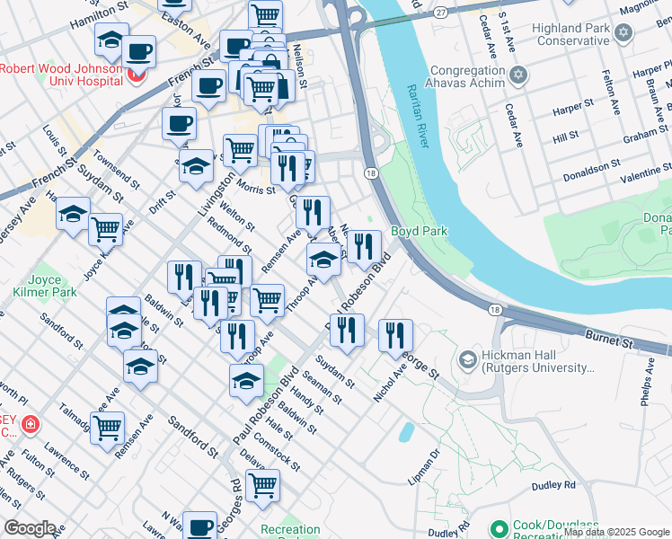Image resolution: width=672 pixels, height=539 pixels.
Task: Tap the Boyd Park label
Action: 418,231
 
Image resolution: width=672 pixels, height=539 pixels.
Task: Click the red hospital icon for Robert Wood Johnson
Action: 137,75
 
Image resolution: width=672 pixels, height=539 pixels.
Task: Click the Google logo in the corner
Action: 30,528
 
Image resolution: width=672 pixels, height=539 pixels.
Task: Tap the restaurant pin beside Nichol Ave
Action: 395,335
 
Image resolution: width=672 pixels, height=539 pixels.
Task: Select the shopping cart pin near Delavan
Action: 262,486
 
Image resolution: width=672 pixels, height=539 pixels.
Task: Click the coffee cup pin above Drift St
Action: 179,123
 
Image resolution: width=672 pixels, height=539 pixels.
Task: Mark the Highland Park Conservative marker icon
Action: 624,32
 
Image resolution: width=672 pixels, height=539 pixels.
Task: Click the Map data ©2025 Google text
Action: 615,532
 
